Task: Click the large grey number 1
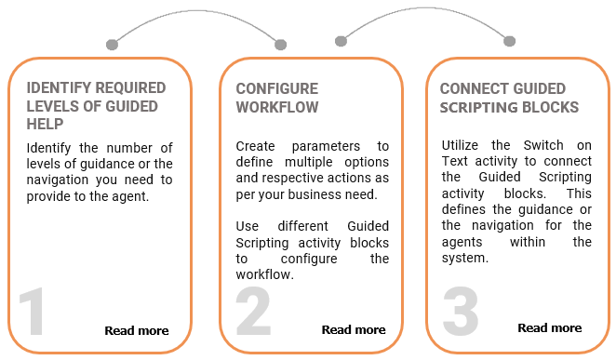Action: (32, 312)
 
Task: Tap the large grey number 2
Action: (253, 311)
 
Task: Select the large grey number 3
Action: (461, 312)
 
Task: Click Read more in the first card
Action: (137, 330)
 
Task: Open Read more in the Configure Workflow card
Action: (354, 330)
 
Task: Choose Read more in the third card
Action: (550, 327)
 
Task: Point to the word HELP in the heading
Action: (45, 124)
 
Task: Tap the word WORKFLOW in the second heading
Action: (277, 107)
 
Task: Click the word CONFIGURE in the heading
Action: (277, 88)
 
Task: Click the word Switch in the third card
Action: (543, 145)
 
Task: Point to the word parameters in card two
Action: (326, 146)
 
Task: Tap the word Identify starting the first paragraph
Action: (48, 149)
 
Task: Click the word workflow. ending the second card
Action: (265, 274)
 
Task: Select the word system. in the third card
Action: (465, 259)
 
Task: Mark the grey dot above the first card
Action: (112, 45)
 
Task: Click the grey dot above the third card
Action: (510, 41)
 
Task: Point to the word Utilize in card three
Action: (460, 145)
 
